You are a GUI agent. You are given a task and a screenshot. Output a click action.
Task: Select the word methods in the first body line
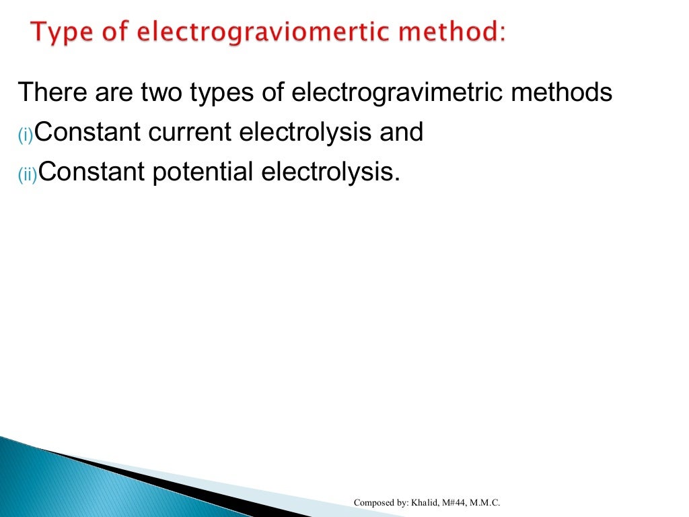[x=561, y=93]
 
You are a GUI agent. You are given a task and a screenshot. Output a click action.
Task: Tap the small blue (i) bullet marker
[x=25, y=137]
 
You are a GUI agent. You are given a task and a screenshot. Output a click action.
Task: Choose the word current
[x=190, y=133]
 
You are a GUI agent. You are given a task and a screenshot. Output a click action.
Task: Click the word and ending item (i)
[x=401, y=133]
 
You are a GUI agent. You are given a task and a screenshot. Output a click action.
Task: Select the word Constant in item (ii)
[x=88, y=172]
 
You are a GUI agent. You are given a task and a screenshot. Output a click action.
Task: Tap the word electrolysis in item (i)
[x=305, y=133]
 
